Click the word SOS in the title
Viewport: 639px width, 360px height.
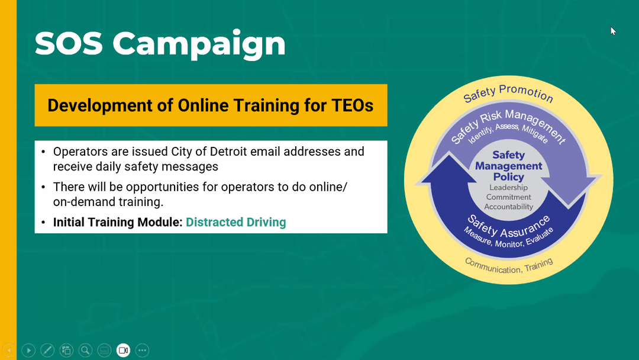(x=69, y=43)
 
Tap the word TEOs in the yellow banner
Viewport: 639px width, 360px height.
(x=353, y=105)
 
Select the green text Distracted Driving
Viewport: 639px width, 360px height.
(x=236, y=222)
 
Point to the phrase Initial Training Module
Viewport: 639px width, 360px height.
(x=118, y=222)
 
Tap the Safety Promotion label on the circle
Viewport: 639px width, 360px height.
(x=508, y=93)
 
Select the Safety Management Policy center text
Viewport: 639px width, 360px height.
(x=509, y=166)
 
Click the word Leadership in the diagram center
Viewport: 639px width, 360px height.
(x=509, y=188)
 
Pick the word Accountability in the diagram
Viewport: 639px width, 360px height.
(x=509, y=207)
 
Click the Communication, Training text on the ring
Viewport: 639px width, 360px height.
(x=509, y=266)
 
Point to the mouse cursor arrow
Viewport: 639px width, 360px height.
(x=613, y=31)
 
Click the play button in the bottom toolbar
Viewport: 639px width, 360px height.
(x=28, y=350)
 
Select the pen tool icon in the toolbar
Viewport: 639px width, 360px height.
(x=47, y=350)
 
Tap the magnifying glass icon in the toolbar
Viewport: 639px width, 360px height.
(x=85, y=350)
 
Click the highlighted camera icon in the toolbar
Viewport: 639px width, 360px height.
(x=123, y=350)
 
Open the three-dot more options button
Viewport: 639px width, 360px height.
(x=142, y=350)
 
